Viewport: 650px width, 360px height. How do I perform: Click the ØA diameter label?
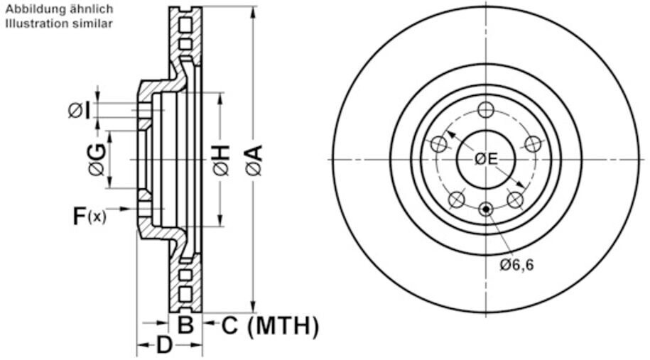pyautogui.click(x=254, y=160)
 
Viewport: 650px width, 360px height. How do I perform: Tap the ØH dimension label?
pyautogui.click(x=222, y=160)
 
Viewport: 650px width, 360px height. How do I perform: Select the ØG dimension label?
pyautogui.click(x=97, y=159)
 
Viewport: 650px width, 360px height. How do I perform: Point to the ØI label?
pyautogui.click(x=79, y=110)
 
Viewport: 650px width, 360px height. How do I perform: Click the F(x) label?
pyautogui.click(x=89, y=216)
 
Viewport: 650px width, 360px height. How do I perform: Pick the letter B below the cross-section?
pyautogui.click(x=185, y=324)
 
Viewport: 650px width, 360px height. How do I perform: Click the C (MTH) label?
pyautogui.click(x=270, y=326)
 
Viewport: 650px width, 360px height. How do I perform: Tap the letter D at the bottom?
pyautogui.click(x=164, y=344)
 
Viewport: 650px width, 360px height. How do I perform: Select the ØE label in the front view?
pyautogui.click(x=486, y=158)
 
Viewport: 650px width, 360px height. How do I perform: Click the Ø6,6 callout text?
pyautogui.click(x=516, y=265)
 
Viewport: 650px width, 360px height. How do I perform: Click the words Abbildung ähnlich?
pyautogui.click(x=59, y=9)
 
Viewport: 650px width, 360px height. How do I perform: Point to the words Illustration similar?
pyautogui.click(x=59, y=23)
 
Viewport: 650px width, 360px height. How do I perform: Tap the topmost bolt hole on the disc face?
pyautogui.click(x=486, y=110)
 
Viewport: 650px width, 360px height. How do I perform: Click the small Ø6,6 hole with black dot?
pyautogui.click(x=486, y=209)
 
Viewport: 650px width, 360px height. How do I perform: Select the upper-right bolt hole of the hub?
pyautogui.click(x=533, y=144)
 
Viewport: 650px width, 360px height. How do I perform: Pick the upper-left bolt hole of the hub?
pyautogui.click(x=438, y=144)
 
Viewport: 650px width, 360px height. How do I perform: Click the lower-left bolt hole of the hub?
pyautogui.click(x=456, y=200)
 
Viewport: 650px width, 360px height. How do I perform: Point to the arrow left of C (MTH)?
pyautogui.click(x=210, y=322)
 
